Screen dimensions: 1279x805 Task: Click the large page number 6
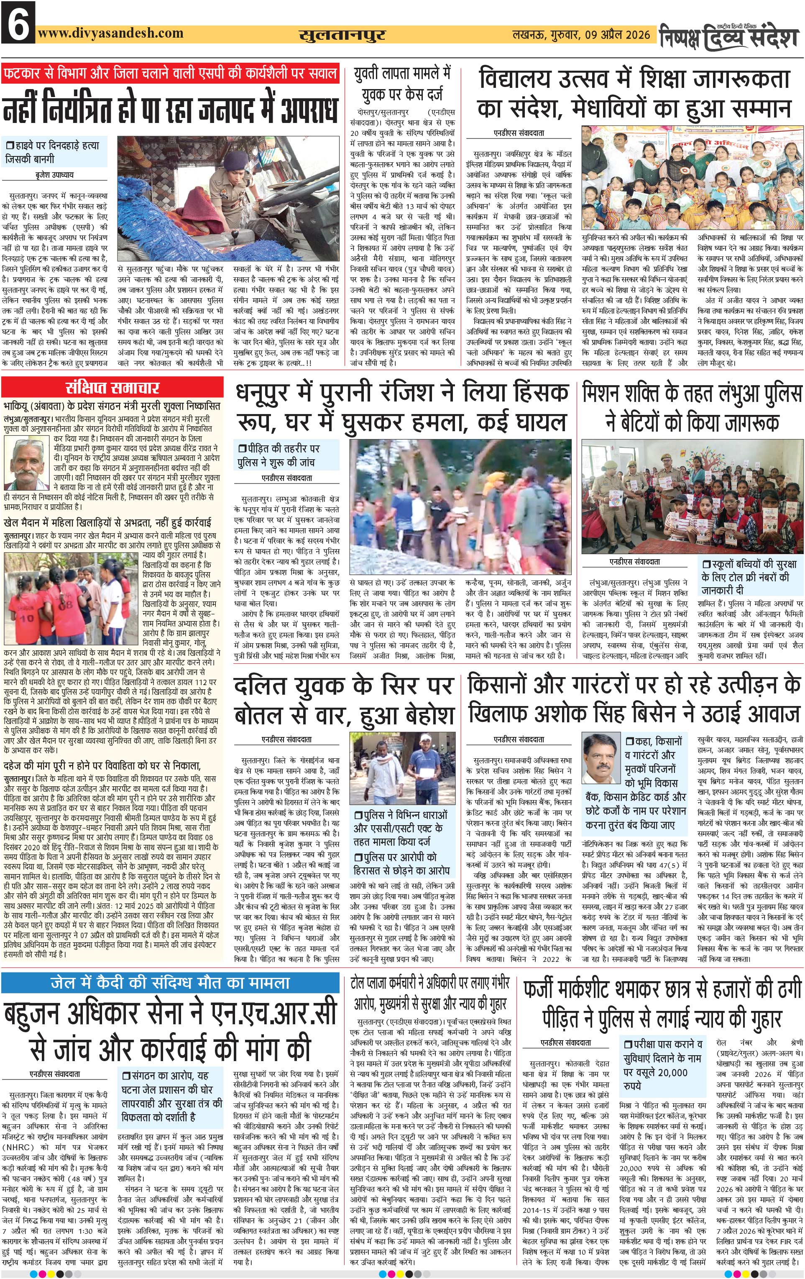point(18,22)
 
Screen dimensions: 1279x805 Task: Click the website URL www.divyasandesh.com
point(110,33)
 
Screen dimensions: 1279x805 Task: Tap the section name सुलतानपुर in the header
point(342,35)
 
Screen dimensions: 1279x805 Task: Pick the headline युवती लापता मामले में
point(402,73)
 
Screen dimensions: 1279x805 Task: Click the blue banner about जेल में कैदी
point(170,982)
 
